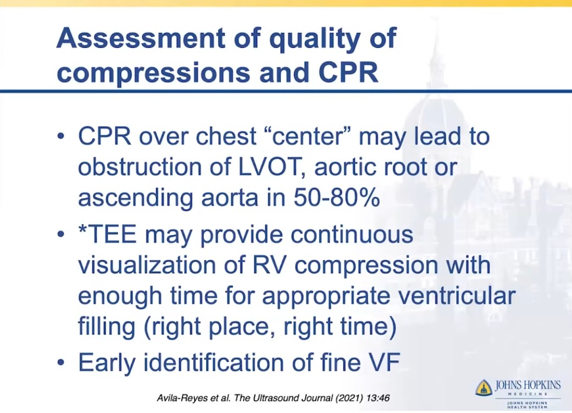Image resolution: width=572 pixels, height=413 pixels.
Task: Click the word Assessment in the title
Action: [x=141, y=38]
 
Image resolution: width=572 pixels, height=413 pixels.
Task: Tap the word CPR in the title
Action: [x=348, y=72]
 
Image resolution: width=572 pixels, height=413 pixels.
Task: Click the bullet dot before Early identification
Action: [x=62, y=363]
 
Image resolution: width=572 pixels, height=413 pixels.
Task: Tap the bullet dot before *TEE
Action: [x=62, y=235]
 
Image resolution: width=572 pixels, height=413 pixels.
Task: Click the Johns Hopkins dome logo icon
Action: [x=484, y=387]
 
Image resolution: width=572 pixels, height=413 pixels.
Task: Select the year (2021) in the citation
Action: [x=349, y=398]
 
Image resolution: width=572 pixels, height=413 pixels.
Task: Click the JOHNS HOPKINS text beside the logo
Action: [x=527, y=386]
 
